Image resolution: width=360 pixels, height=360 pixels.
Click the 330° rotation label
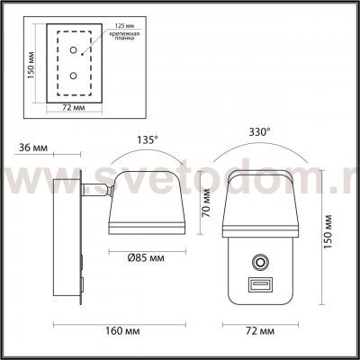[260, 131]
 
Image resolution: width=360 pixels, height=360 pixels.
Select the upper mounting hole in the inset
[74, 52]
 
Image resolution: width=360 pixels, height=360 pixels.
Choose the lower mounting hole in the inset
[74, 76]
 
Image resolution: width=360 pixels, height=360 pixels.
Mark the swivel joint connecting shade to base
[105, 189]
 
